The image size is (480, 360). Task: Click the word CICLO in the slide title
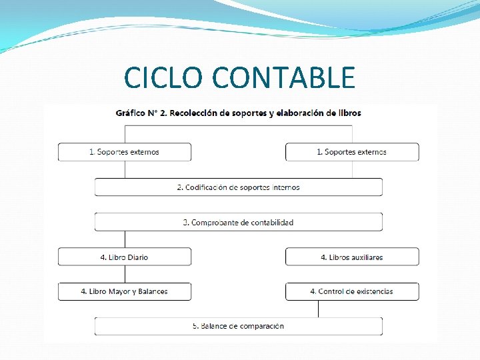coord(165,78)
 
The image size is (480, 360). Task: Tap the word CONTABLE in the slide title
coord(283,78)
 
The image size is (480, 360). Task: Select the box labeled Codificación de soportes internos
coord(238,187)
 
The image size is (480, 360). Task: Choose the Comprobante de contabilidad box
coord(238,222)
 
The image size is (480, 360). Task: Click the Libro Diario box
coord(125,257)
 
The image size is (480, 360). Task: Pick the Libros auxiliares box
coord(352,257)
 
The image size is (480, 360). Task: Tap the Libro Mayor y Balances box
coord(125,291)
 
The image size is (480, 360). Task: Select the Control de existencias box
coord(352,291)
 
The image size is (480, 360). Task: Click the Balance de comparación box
coord(238,326)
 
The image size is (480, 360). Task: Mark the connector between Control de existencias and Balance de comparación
coord(318,309)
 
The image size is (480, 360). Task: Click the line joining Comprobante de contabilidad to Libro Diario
coord(125,239)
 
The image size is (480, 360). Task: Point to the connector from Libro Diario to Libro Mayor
coord(125,274)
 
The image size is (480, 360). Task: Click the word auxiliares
coord(366,257)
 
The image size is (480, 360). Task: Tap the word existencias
coord(375,291)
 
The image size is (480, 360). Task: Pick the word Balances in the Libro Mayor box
coord(152,291)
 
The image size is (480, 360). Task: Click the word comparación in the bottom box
coord(259,326)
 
